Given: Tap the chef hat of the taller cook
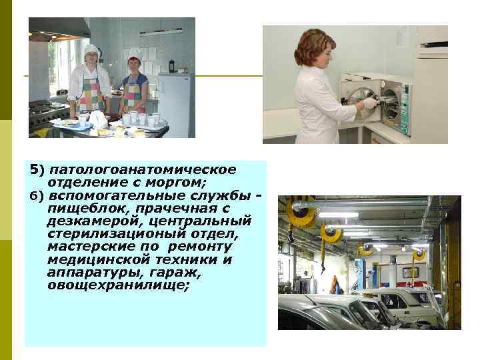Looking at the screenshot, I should [x=92, y=50].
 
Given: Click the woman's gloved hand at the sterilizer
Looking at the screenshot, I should [x=369, y=104].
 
